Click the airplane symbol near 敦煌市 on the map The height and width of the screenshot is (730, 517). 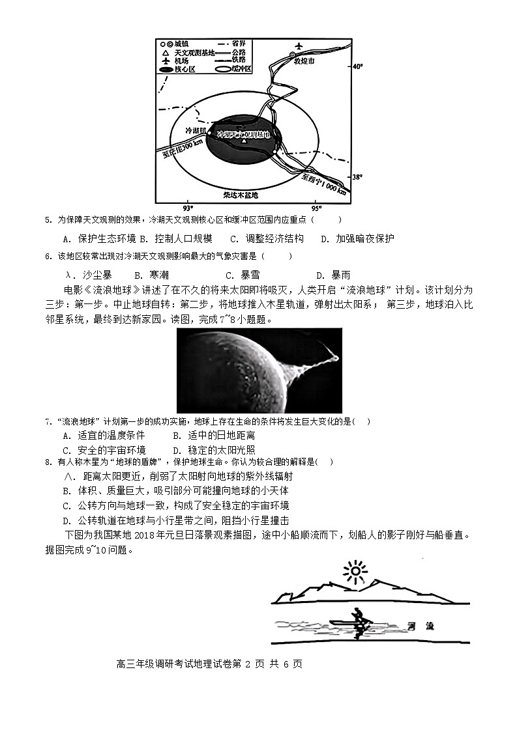pos(299,46)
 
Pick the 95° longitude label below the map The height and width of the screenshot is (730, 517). pos(316,208)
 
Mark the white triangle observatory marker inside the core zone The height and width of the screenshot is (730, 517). pos(244,141)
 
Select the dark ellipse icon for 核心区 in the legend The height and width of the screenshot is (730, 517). pos(167,68)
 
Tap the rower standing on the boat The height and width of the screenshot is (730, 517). pos(357,623)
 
